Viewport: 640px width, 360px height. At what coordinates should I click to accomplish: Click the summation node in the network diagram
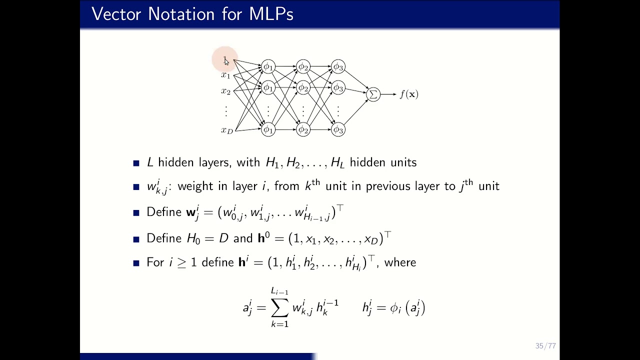(x=373, y=94)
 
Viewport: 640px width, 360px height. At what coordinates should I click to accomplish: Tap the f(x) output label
(x=408, y=94)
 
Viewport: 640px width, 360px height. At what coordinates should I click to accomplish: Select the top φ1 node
(x=268, y=66)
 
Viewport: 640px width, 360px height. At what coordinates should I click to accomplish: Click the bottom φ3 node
(x=338, y=129)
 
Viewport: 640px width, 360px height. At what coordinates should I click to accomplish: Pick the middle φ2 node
(x=303, y=88)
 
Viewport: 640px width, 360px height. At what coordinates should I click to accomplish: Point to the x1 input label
(x=226, y=75)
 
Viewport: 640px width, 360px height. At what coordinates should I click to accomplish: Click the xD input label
(x=227, y=130)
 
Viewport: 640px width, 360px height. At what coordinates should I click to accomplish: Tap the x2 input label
(x=226, y=91)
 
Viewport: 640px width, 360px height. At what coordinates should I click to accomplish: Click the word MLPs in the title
(x=271, y=14)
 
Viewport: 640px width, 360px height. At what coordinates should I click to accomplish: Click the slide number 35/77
(x=545, y=346)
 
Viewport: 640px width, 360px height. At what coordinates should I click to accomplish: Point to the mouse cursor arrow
(x=226, y=61)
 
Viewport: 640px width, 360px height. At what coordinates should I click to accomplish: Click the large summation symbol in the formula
(x=279, y=308)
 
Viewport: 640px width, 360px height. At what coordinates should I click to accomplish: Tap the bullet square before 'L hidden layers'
(x=136, y=163)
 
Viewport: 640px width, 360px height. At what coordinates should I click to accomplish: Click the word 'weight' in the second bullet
(x=196, y=186)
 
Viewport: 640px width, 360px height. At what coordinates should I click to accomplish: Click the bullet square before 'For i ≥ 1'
(x=136, y=263)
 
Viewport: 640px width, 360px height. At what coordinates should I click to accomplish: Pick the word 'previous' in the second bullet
(x=388, y=186)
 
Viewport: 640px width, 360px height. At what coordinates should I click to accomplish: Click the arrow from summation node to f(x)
(x=388, y=94)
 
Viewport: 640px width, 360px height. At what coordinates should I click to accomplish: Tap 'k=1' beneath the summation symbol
(x=279, y=324)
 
